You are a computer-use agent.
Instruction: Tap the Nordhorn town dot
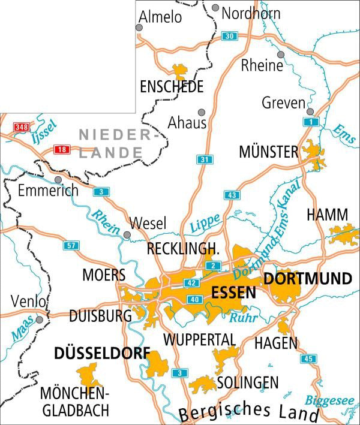coord(215,8)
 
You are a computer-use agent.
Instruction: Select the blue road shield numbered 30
coord(229,36)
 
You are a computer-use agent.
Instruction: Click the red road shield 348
coord(22,126)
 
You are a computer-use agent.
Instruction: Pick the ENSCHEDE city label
coord(171,88)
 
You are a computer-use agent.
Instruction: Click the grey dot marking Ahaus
coord(202,112)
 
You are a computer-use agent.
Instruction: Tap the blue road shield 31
coord(205,159)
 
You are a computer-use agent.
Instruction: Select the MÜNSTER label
coord(268,152)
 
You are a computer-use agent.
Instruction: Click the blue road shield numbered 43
coord(232,195)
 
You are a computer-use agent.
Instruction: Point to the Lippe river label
coord(205,225)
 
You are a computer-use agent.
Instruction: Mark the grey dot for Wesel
coord(127,234)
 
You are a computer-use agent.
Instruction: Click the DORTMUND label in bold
coord(307,279)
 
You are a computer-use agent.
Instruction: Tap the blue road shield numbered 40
coord(193,299)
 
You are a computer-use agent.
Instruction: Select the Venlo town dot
coord(40,319)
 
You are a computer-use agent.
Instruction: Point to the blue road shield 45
coord(308,359)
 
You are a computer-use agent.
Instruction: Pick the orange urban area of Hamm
coord(343,234)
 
